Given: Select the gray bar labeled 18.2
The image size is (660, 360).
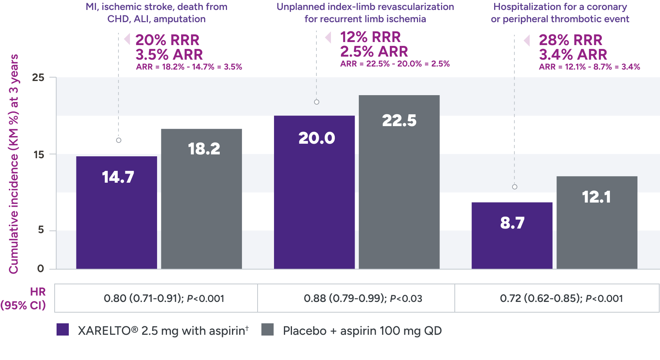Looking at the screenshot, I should coord(201,199).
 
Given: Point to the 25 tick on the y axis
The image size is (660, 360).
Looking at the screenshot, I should coord(38,78).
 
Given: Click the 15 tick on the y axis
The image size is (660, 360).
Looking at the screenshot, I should coord(39,154).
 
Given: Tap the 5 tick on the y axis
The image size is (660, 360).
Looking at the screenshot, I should coord(41,230).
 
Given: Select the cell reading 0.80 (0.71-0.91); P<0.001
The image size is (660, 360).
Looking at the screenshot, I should coord(164,298).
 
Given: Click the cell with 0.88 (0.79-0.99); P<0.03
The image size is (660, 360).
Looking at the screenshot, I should coord(363,298).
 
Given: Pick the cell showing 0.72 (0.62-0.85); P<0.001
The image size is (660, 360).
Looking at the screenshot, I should coord(561,298).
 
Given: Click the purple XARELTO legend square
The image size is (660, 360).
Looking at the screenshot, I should coord(63,329).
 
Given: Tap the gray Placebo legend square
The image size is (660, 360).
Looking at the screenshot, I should coord(268,329).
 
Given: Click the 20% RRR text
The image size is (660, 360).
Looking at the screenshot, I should coord(167,40).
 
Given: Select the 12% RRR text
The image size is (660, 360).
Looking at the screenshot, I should coord(370,37).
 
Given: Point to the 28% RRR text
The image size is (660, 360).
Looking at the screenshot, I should coord(570,40).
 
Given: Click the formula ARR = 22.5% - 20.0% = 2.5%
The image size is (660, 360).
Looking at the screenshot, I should coord(395,64).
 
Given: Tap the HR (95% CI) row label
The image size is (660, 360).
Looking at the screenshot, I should coord(24,298).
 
